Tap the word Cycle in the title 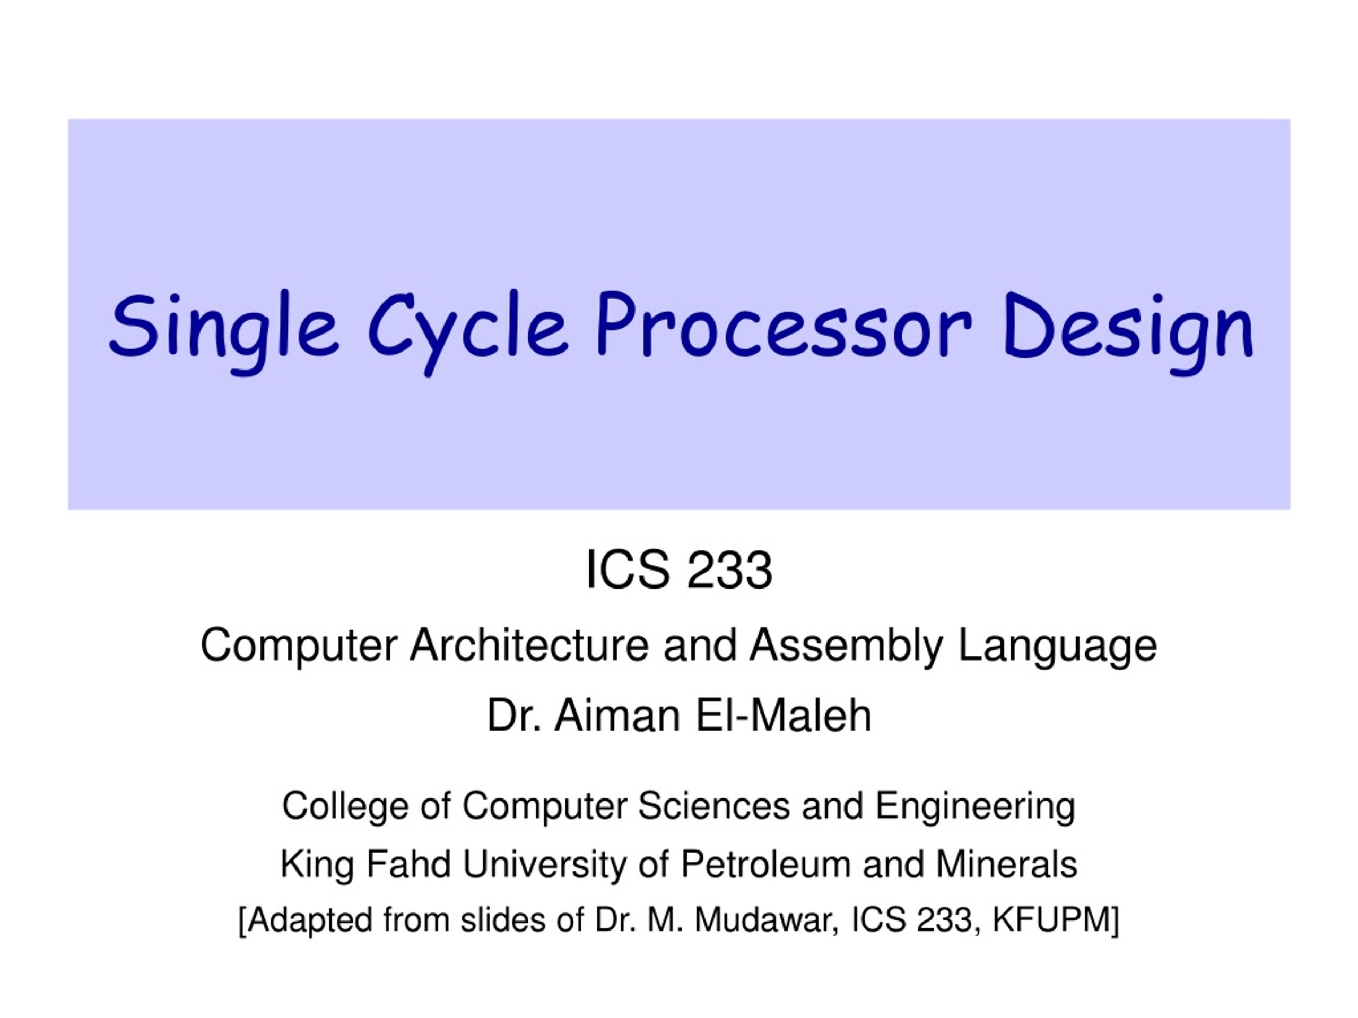468,328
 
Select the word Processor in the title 784,325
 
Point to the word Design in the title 1128,328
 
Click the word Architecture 529,646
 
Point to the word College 345,806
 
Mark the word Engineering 975,806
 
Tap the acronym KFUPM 1053,920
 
